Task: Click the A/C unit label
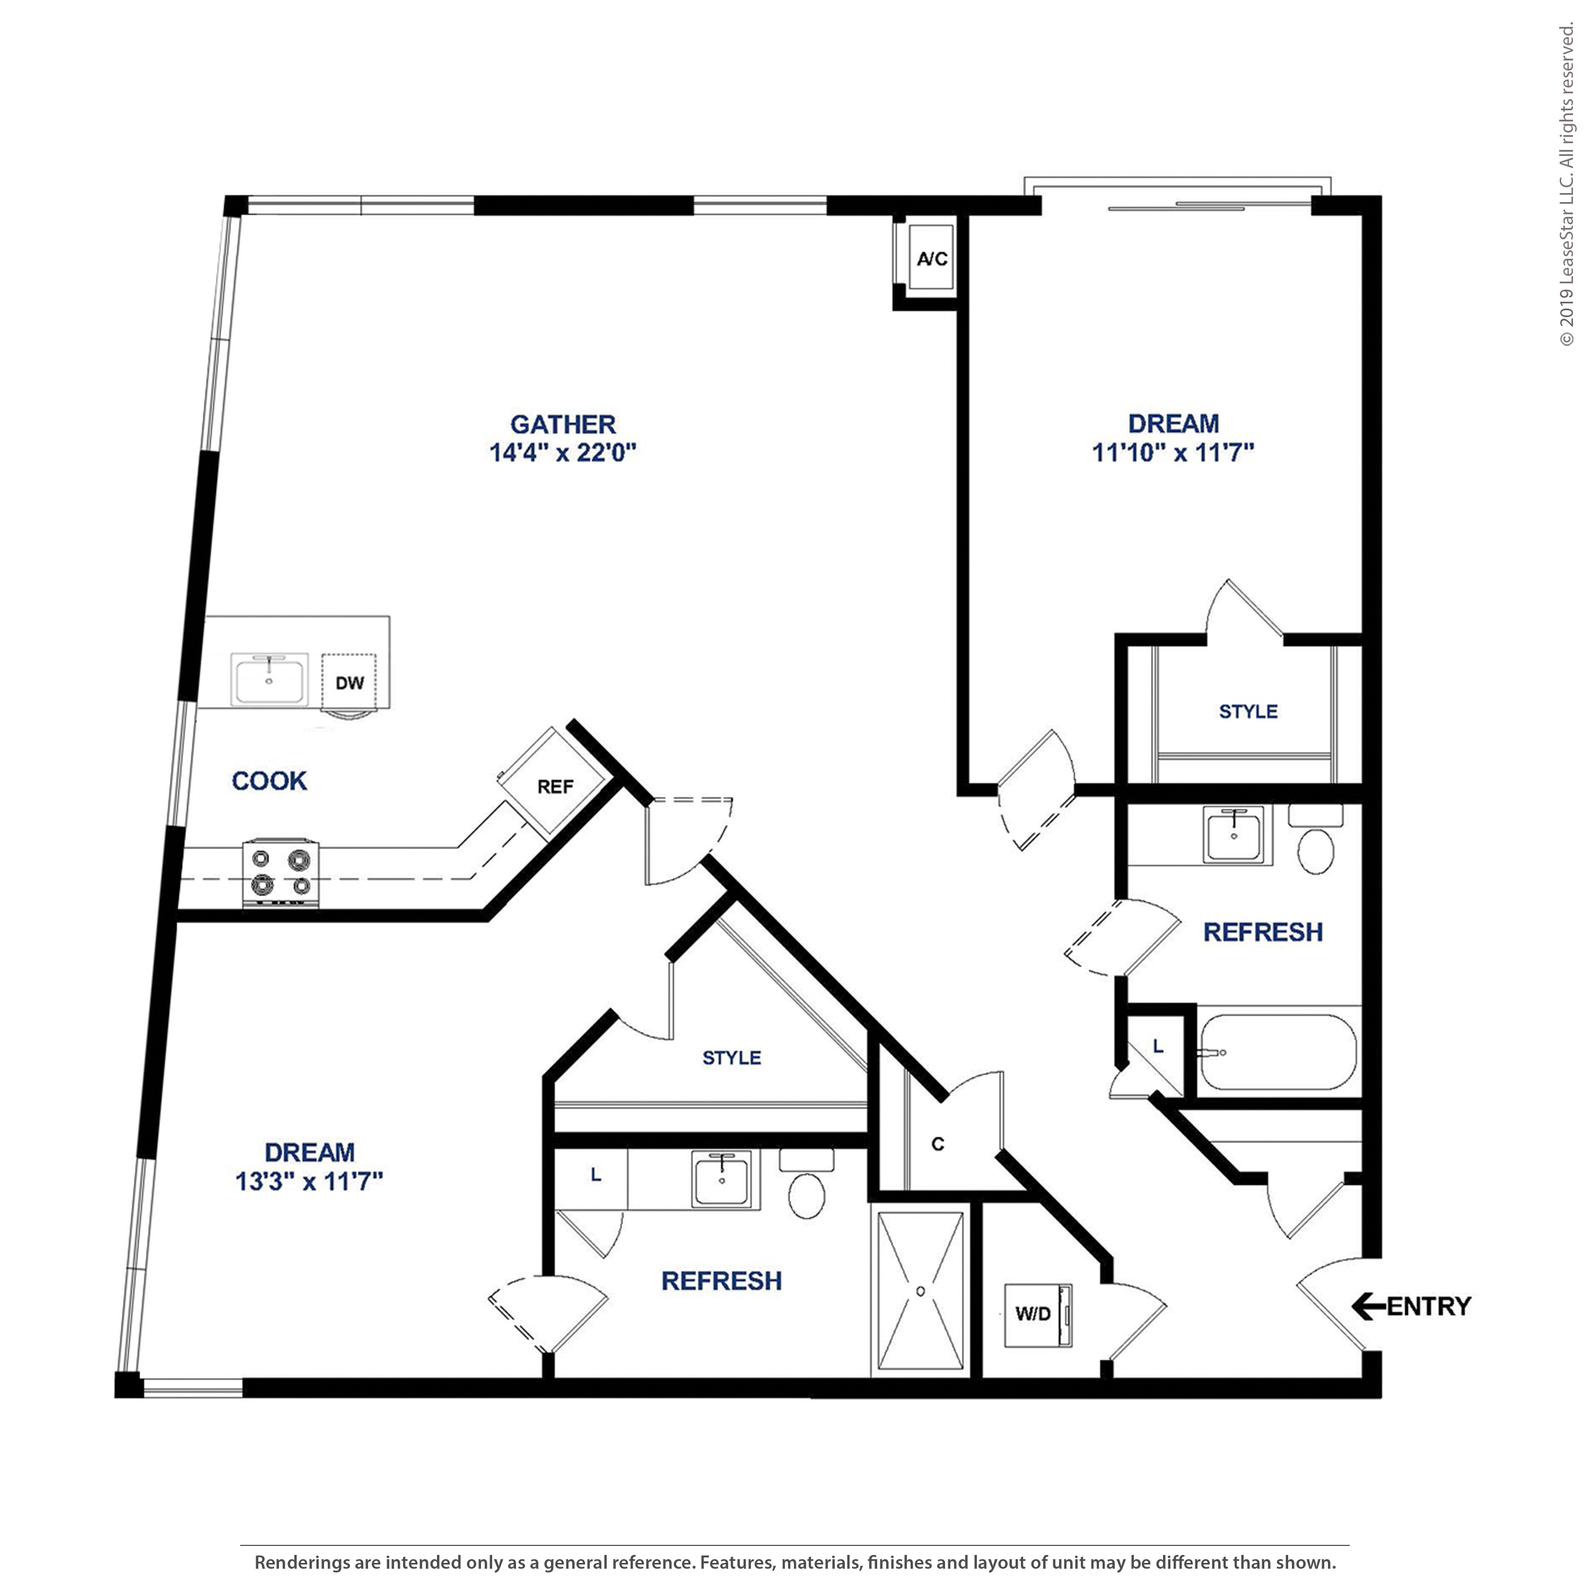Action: click(x=932, y=259)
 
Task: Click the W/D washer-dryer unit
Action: click(x=1038, y=1314)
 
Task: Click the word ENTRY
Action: click(x=1429, y=1306)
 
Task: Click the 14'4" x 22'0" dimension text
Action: click(x=563, y=452)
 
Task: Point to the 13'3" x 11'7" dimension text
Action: click(x=310, y=1181)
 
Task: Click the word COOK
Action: click(x=269, y=781)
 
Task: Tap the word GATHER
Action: click(x=563, y=424)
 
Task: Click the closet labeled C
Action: click(x=938, y=1144)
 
